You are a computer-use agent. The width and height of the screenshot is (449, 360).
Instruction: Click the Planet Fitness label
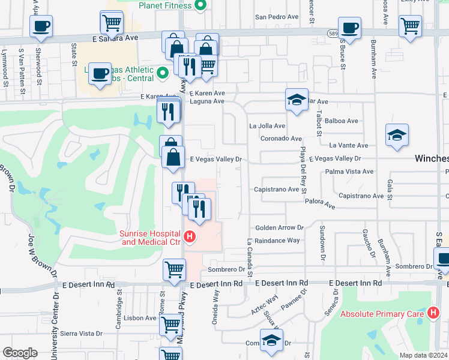point(165,5)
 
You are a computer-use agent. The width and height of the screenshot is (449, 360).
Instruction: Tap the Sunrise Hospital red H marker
point(190,238)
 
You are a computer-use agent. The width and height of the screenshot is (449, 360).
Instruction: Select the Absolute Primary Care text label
point(384,313)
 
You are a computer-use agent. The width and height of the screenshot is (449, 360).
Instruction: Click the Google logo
point(20,353)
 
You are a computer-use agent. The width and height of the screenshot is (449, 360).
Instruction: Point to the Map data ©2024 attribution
point(424,355)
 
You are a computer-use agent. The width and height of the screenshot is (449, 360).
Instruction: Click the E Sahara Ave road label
point(115,37)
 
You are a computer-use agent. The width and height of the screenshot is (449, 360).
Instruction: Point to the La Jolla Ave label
point(267,126)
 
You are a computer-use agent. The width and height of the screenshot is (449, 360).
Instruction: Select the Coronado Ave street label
point(281,139)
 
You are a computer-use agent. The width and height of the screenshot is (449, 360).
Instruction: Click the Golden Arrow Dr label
point(280,228)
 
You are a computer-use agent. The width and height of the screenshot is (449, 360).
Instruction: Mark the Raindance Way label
point(277,241)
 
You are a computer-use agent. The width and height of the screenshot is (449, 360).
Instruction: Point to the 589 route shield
point(333,32)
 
